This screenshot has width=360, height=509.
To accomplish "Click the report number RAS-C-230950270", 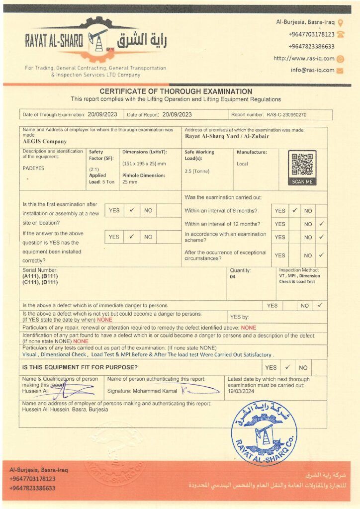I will point(286,115).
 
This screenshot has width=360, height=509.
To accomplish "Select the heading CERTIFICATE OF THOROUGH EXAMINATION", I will point(176,91).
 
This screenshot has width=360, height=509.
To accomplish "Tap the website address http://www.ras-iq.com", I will point(304,58).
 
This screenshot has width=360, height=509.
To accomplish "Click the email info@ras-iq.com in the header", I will point(312,70).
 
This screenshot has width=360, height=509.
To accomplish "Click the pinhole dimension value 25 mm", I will point(130,182).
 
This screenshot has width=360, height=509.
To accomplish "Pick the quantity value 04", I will point(232,277).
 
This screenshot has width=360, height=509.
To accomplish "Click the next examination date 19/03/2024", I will point(241,391).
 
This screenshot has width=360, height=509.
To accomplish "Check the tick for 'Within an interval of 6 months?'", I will point(294,210).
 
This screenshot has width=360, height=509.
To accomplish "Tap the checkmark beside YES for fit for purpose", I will point(287,367).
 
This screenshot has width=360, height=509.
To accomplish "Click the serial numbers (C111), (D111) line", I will point(40,282).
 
